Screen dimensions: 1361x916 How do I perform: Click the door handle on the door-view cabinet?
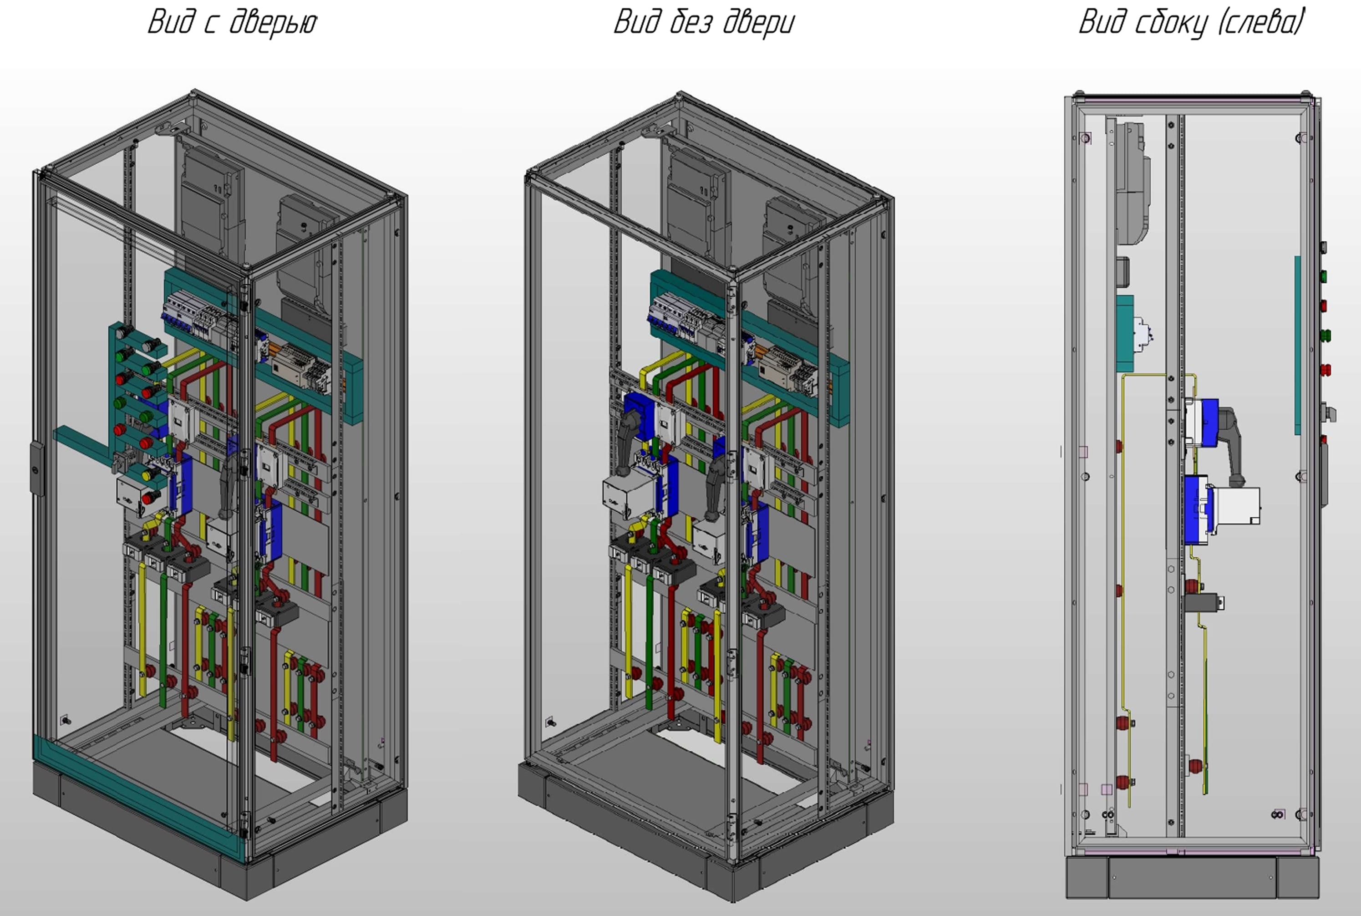(36, 468)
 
